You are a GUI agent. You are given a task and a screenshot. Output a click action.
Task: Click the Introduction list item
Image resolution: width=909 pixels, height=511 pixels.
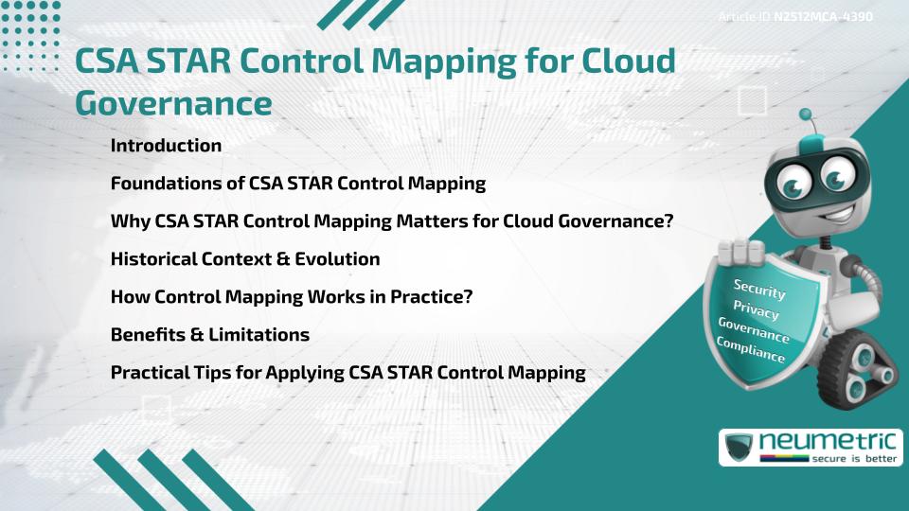point(166,146)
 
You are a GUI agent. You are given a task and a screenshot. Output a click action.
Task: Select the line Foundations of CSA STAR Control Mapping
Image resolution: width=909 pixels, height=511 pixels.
point(298,184)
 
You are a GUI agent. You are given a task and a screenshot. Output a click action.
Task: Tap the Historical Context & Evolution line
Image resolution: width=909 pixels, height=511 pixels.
point(245,259)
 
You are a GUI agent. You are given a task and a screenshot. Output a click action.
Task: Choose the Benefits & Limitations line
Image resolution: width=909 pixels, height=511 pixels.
point(210,335)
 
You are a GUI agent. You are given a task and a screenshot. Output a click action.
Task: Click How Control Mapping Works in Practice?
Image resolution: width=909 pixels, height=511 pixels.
point(292,297)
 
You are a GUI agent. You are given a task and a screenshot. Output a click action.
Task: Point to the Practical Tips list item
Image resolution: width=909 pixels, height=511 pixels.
point(348,373)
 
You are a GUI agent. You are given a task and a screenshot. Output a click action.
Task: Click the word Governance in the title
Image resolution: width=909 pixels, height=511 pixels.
point(173,102)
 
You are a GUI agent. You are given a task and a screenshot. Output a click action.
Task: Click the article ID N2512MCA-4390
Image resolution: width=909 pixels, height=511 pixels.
point(823,17)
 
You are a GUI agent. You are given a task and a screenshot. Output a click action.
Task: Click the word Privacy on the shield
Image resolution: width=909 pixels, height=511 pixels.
point(757,310)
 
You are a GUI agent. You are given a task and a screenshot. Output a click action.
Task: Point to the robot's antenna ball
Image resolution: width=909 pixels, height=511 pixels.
point(806,115)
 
